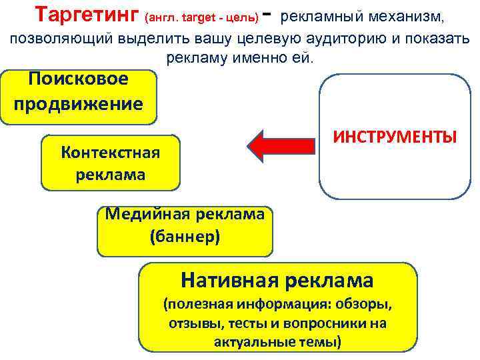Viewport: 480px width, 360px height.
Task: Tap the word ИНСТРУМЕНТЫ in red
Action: click(395, 137)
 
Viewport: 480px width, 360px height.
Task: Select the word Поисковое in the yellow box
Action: click(79, 79)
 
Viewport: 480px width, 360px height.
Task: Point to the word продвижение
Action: click(79, 104)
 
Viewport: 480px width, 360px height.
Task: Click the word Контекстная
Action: click(110, 152)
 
